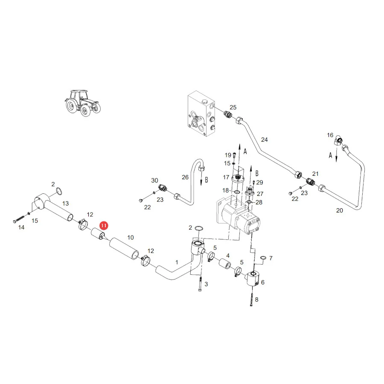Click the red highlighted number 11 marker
click(104, 226)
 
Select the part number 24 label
click(264, 140)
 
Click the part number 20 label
click(340, 210)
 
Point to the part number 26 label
click(185, 177)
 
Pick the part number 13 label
click(65, 204)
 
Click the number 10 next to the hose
click(131, 237)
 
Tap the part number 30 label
click(154, 180)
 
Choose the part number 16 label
click(330, 135)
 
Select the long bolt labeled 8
click(251, 297)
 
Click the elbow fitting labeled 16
click(338, 141)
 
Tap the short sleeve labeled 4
click(224, 264)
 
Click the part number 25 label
click(233, 107)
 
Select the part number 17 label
click(226, 177)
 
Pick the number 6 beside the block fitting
click(263, 282)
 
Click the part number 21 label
click(315, 174)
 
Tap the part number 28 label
click(259, 202)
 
